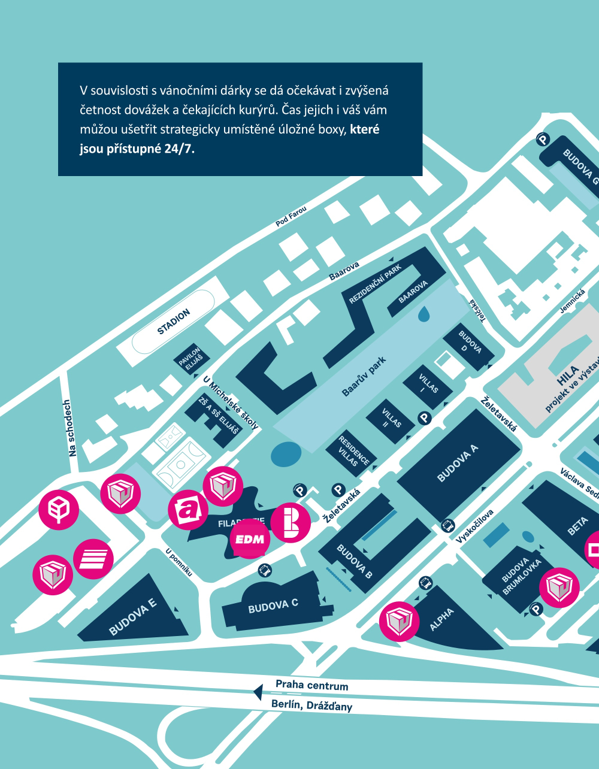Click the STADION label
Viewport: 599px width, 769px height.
[x=174, y=322]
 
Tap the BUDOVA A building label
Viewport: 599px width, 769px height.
[x=458, y=464]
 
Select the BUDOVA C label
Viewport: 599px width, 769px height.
[x=273, y=606]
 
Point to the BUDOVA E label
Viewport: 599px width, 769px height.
[x=132, y=617]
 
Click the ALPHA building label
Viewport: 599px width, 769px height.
[x=442, y=619]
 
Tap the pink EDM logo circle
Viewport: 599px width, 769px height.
[x=250, y=539]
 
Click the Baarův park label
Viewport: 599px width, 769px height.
[x=364, y=376]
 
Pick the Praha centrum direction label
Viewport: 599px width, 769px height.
[x=311, y=685]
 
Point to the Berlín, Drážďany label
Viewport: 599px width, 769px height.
[x=311, y=705]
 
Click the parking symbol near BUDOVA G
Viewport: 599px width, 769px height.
[x=542, y=140]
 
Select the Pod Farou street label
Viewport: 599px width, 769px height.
[x=291, y=217]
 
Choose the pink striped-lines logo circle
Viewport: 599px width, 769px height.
[x=93, y=559]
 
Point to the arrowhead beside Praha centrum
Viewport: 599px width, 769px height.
[x=258, y=692]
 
